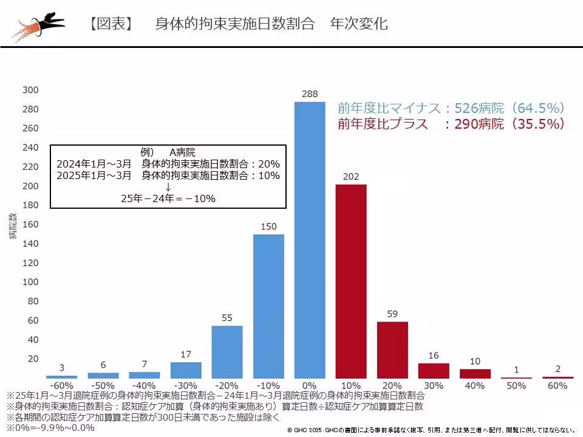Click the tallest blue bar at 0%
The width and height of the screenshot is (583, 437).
310,240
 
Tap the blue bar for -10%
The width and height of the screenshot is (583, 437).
268,306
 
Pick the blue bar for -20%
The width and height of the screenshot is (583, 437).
227,352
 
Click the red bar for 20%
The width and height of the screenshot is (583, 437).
392,350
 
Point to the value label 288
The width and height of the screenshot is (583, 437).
310,94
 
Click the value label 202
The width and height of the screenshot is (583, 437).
351,177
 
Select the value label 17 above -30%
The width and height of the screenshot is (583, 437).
186,354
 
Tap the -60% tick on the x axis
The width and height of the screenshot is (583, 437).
61,386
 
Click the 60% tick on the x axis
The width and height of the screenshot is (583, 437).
557,386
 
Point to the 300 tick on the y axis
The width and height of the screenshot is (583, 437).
30,90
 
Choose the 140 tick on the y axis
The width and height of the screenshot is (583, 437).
30,243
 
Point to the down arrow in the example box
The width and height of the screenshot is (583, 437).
168,187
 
